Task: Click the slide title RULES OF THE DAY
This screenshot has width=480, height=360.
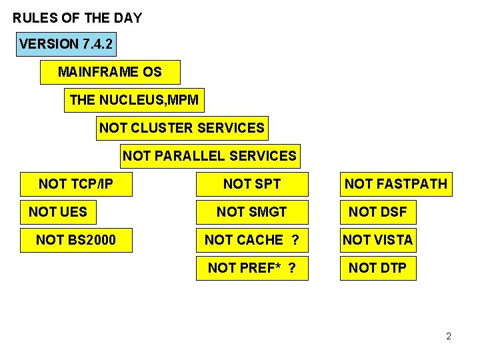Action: click(77, 18)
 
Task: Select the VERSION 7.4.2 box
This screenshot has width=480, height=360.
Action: click(67, 44)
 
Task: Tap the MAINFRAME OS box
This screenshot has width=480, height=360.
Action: click(110, 72)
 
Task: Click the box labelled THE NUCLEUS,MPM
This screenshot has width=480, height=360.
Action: click(134, 100)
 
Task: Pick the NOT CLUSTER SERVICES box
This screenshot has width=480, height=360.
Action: click(182, 127)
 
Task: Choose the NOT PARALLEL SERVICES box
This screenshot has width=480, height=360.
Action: click(210, 156)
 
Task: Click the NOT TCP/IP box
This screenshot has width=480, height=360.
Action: click(75, 184)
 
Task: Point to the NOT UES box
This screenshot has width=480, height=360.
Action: click(58, 212)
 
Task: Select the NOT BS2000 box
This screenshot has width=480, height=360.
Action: click(75, 240)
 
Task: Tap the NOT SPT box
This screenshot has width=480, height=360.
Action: click(252, 184)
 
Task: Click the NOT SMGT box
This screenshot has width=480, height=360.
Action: click(252, 212)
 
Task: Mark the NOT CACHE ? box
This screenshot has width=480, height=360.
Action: click(252, 240)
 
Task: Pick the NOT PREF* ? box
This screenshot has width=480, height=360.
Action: click(252, 268)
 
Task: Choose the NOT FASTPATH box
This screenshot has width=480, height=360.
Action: click(396, 184)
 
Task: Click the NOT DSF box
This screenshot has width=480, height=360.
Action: click(378, 212)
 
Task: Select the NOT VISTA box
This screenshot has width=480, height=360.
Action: click(378, 240)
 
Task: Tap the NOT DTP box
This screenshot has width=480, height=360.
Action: click(378, 268)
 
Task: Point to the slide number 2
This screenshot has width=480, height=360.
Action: click(449, 336)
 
